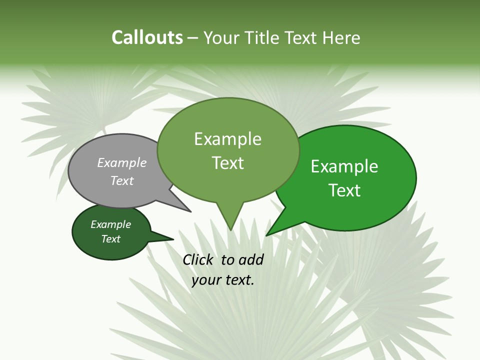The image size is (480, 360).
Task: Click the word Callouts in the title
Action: point(147,38)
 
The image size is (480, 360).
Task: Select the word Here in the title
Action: point(341,38)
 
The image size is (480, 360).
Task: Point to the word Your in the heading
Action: point(222,38)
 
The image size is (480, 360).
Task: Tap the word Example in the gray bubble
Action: point(122,163)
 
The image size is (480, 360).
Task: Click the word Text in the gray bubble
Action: point(122,181)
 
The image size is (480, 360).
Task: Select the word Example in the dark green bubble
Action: point(111,225)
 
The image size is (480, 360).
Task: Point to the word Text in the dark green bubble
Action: point(111,239)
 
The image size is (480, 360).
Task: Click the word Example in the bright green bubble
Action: point(344,166)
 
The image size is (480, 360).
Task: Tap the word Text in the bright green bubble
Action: point(344,190)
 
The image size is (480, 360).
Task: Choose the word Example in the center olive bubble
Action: point(228,139)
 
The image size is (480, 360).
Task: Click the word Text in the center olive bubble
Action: point(228,163)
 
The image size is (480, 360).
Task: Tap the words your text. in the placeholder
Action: point(223,280)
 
